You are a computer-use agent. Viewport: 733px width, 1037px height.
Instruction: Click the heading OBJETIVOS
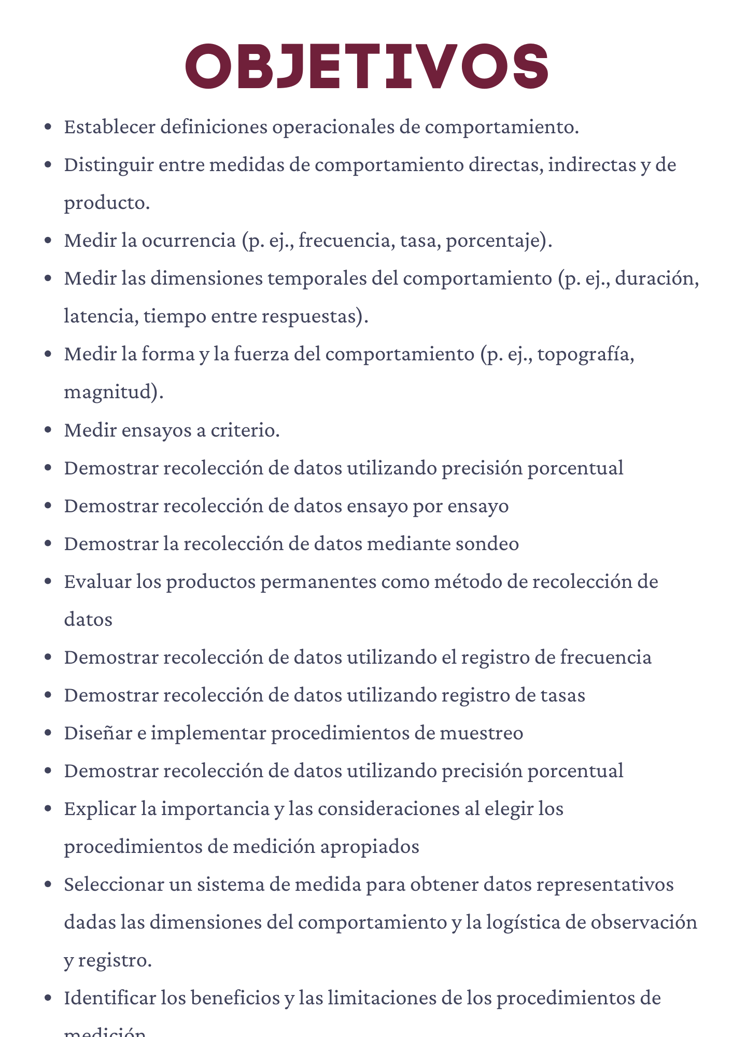(x=366, y=66)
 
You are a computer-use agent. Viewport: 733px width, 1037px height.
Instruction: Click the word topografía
(x=586, y=355)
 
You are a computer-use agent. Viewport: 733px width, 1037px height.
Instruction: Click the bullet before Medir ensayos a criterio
(x=48, y=430)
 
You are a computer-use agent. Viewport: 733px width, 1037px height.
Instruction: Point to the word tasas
(x=562, y=695)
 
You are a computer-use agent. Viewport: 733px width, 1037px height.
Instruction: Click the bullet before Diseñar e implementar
(x=48, y=733)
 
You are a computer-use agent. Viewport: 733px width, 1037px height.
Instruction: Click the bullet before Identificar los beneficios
(x=48, y=998)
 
